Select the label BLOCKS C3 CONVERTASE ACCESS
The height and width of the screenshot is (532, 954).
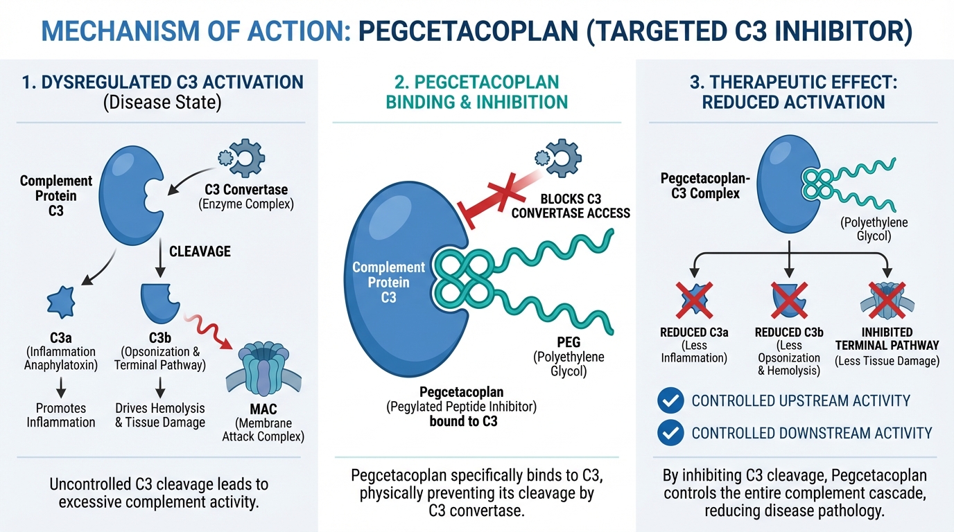point(571,206)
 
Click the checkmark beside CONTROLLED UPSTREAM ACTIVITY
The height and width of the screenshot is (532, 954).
point(669,400)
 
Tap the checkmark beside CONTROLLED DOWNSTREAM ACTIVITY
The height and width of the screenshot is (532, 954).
point(669,433)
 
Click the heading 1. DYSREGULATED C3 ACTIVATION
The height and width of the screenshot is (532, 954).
point(162,82)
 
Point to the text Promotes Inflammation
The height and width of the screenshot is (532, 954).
point(61,415)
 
